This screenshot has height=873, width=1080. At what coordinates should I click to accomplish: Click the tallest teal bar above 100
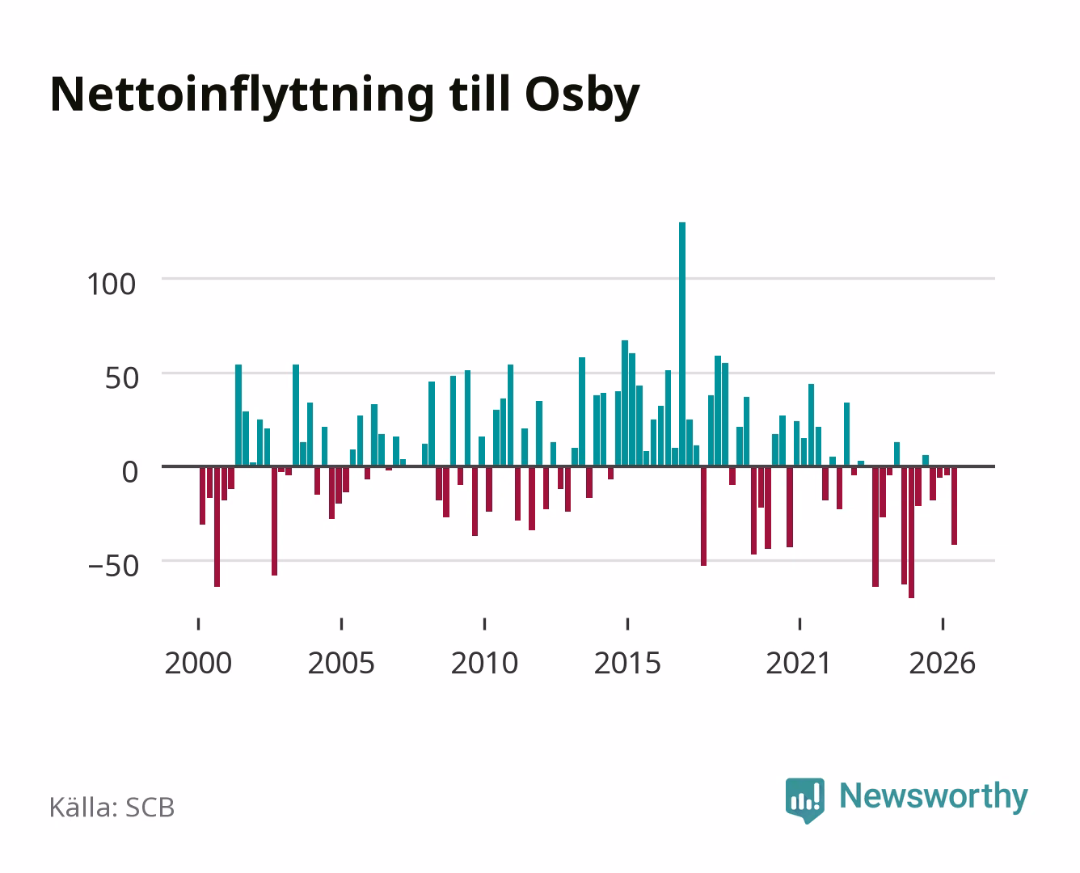coord(682,344)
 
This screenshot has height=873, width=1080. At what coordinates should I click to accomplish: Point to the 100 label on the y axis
coord(112,284)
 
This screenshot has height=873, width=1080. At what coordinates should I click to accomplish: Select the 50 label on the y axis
coord(121,378)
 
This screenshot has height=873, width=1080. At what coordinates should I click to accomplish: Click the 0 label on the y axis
coord(130,472)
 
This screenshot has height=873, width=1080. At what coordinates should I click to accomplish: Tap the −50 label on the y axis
coord(113,566)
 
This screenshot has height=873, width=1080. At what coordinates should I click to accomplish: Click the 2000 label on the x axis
coord(198,663)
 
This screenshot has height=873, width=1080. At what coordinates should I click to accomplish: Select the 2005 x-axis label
coord(341,663)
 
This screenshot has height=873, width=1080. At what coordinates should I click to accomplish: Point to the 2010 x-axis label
coord(485,663)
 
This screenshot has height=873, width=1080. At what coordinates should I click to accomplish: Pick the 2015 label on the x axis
coord(628,663)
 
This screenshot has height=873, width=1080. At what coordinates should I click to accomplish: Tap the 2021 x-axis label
coord(799,663)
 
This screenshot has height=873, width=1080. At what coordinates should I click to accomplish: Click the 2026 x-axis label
coord(943,663)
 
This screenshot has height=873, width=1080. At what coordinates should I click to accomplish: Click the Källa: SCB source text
coord(112,807)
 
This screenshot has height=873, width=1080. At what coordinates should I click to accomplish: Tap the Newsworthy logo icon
coord(804,800)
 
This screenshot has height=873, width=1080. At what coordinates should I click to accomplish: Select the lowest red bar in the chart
coord(911,533)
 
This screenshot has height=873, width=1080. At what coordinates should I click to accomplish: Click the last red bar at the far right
coord(954,505)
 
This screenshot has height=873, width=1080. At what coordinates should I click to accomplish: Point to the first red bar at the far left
coord(202,496)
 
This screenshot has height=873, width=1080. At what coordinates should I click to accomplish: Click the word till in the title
coord(479,94)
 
